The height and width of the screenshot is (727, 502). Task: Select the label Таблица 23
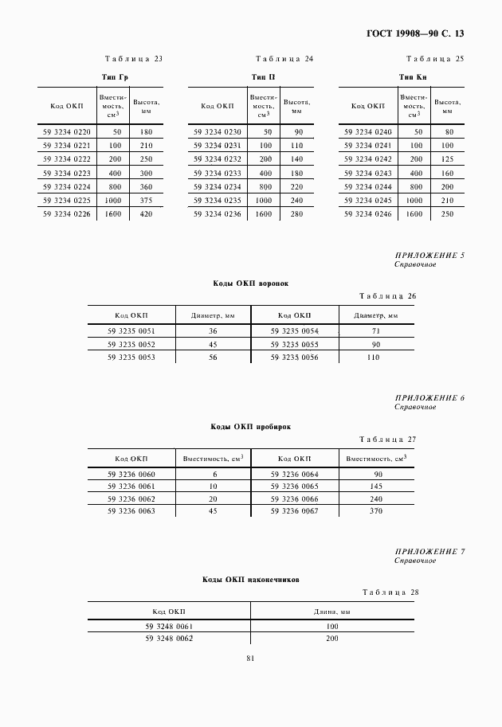[134, 59]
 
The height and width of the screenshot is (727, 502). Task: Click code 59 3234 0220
[67, 131]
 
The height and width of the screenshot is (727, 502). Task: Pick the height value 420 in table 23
[146, 213]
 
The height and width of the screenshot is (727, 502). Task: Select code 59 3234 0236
[218, 213]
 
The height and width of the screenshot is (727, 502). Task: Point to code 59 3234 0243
[368, 173]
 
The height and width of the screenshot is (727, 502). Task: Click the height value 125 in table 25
[447, 159]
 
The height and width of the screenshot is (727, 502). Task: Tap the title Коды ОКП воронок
[250, 283]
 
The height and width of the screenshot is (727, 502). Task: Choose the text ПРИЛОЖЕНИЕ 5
[429, 256]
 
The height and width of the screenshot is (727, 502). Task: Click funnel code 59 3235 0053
[131, 358]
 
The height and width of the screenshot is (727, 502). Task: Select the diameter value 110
[374, 358]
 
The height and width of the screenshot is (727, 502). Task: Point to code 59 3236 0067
[295, 510]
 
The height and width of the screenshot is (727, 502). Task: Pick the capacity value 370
[377, 510]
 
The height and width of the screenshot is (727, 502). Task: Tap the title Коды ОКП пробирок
[250, 426]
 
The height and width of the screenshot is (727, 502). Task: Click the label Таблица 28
[390, 592]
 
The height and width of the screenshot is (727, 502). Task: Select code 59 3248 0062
[169, 639]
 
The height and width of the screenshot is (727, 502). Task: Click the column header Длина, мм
[332, 611]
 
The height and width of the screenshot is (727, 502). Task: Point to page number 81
[250, 658]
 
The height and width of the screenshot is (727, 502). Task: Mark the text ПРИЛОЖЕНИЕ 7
[429, 552]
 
